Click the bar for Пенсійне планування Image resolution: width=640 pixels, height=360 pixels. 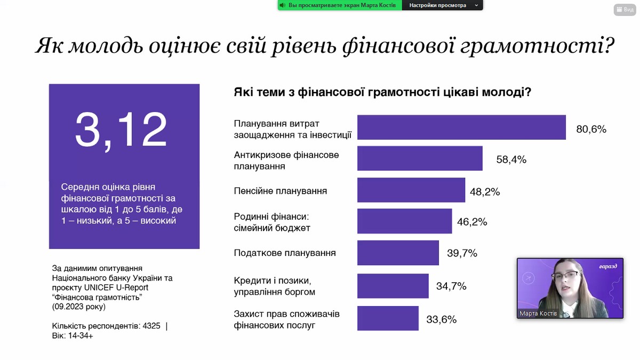411,190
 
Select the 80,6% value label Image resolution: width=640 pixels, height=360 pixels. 591,129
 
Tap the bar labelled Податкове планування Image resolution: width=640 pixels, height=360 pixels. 398,253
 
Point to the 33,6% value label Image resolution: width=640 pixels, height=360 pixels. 441,319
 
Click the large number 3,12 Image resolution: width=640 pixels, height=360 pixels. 121,130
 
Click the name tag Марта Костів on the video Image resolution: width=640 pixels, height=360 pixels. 538,314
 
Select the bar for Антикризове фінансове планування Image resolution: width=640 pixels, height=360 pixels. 419,159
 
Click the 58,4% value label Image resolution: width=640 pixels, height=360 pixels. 511,159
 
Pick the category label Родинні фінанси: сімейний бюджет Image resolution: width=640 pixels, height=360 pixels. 272,222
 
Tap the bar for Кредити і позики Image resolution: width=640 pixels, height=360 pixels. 393,286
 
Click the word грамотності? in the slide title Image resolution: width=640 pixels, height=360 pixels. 539,46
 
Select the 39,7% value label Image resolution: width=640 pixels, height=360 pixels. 462,253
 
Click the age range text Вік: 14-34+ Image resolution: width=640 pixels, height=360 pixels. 73,336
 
